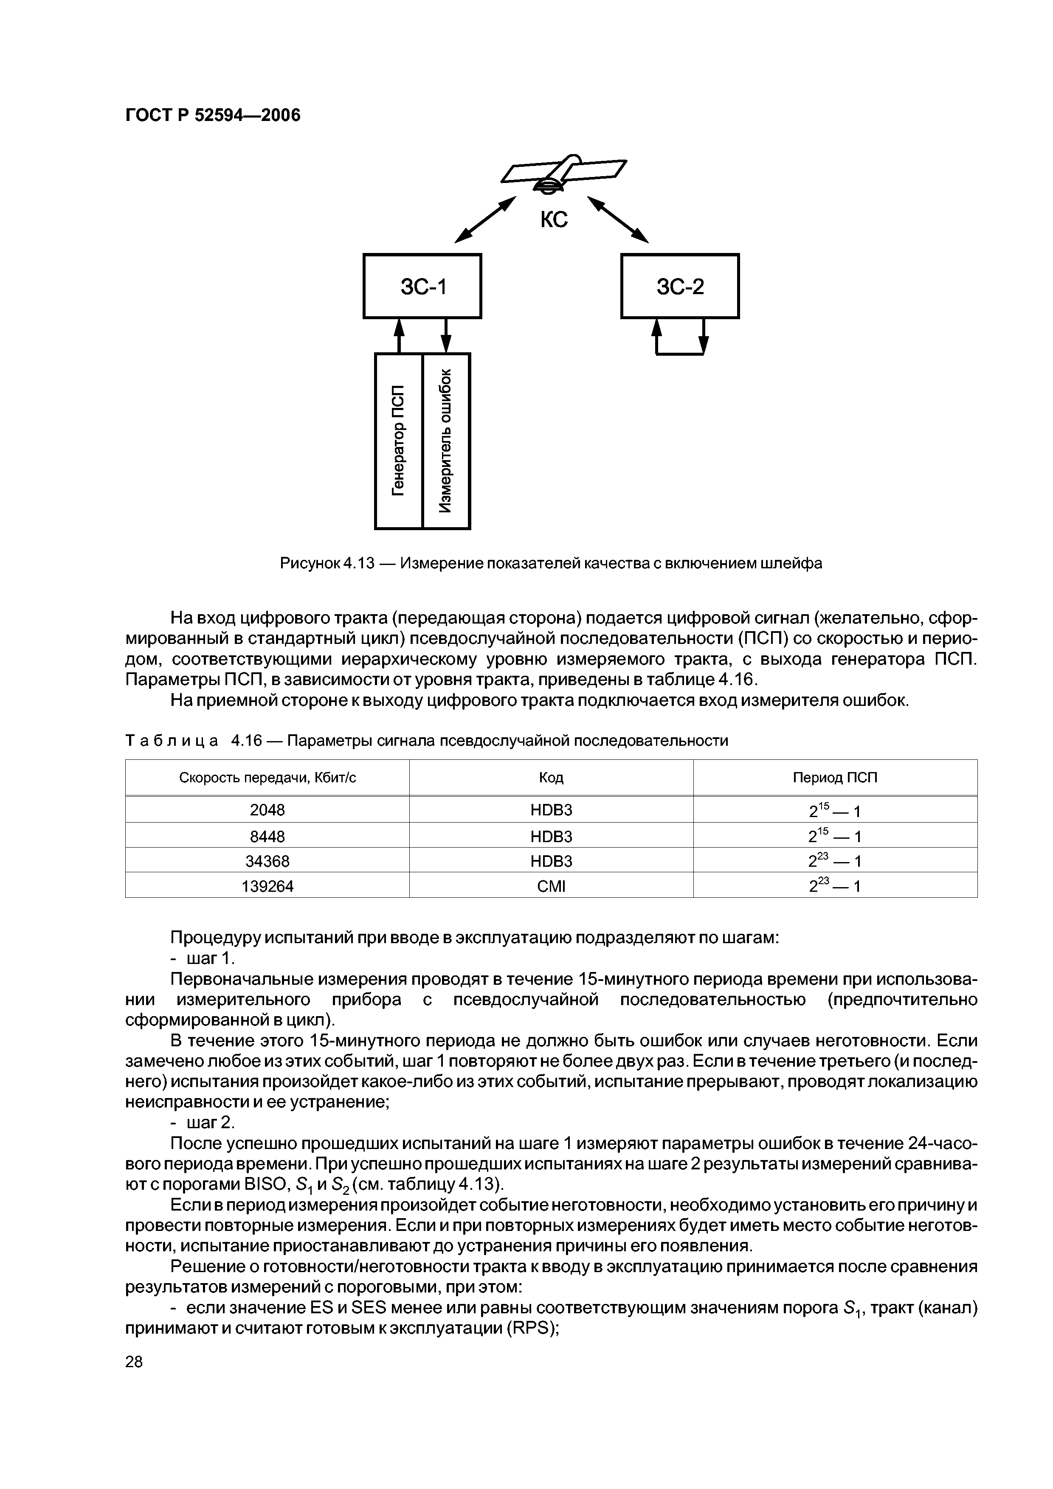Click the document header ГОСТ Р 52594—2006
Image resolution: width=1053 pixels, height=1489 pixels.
click(x=212, y=115)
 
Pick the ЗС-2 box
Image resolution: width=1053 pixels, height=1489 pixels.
click(x=679, y=286)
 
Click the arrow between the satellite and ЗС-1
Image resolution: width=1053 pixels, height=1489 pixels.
click(x=484, y=220)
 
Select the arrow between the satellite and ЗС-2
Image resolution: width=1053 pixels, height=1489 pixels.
click(x=618, y=220)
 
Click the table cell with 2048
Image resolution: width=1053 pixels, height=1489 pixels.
click(x=267, y=810)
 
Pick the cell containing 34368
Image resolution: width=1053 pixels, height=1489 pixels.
click(x=267, y=860)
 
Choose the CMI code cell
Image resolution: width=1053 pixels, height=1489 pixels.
click(x=552, y=886)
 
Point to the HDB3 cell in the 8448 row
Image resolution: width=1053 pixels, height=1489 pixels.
click(x=552, y=836)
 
